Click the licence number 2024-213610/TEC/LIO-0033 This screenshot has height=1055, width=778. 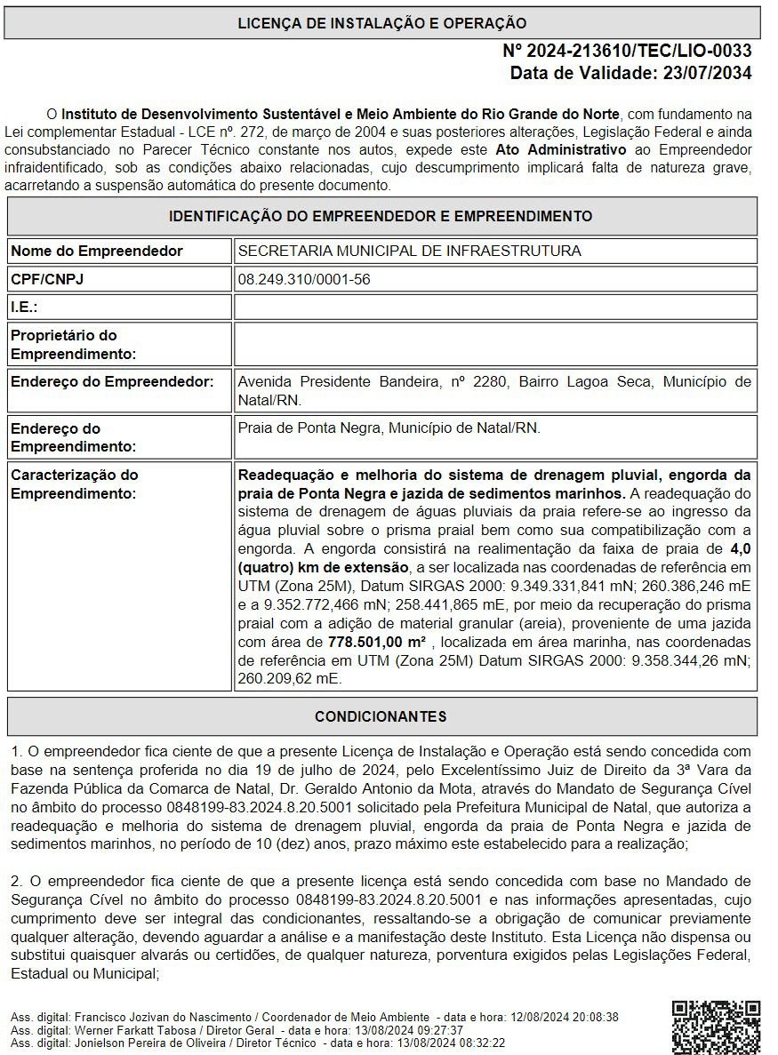pos(627,51)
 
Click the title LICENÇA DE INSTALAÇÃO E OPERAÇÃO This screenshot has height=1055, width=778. pos(381,24)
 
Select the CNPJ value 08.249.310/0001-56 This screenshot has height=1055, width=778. pos(304,280)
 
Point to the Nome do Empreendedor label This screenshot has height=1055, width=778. pos(96,252)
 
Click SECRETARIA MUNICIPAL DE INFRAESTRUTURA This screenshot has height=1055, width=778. pos(409,252)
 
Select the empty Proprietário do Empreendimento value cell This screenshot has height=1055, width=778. pos(495,344)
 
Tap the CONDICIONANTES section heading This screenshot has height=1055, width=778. pos(381,716)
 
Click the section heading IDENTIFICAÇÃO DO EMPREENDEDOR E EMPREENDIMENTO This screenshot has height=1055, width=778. pos(381,216)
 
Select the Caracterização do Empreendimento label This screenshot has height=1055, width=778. pos(75,484)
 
